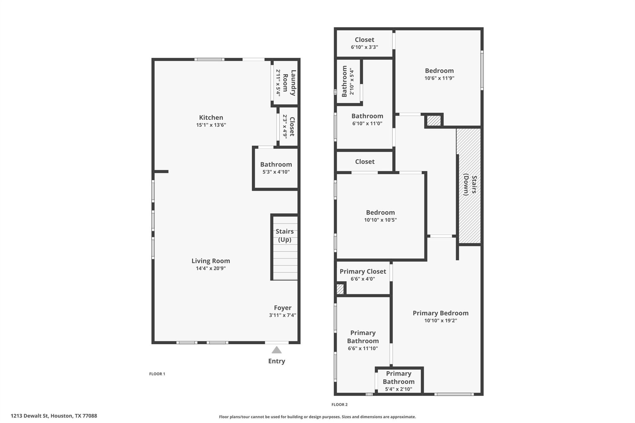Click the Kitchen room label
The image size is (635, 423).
[211, 117]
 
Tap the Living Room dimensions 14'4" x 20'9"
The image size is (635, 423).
[211, 268]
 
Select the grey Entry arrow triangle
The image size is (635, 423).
[277, 350]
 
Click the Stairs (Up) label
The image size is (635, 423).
[285, 236]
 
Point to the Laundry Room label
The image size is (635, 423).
[289, 83]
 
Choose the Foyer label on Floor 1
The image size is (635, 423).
[282, 308]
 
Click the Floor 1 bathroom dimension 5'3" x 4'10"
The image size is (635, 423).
[276, 172]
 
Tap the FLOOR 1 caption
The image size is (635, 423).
[157, 374]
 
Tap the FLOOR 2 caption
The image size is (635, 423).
[340, 404]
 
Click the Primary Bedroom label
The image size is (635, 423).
[440, 313]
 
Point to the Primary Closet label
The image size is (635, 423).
[363, 271]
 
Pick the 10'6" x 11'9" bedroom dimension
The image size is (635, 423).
[439, 78]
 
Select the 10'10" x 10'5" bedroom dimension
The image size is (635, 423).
[380, 220]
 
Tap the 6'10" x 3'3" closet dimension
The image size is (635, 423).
[364, 47]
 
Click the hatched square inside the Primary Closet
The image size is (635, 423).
[340, 289]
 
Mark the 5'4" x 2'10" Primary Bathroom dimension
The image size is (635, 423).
[398, 389]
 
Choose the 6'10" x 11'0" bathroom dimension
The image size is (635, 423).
[367, 123]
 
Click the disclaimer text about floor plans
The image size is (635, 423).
[317, 417]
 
